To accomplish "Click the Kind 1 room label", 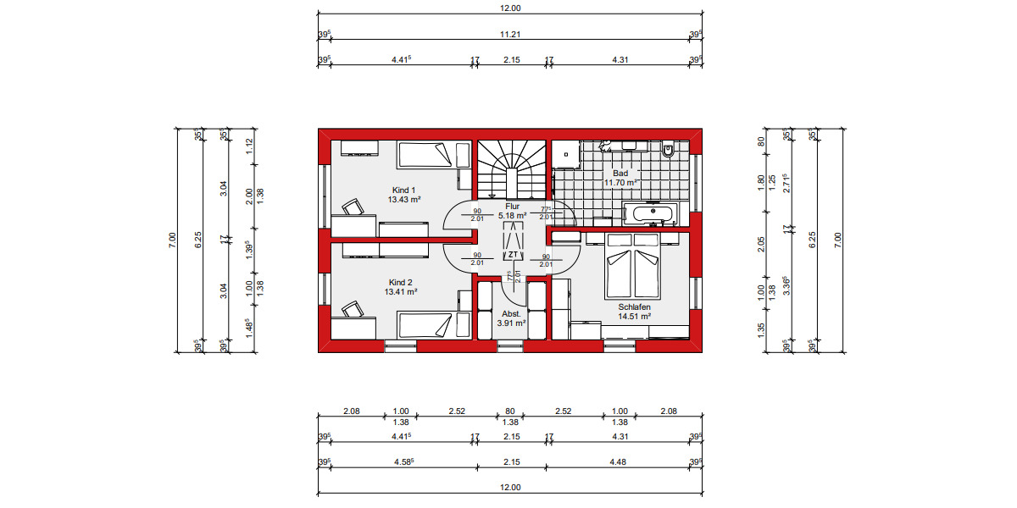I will pyautogui.click(x=404, y=190).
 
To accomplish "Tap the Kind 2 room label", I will pyautogui.click(x=400, y=282).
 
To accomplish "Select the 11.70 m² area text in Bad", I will pyautogui.click(x=620, y=182).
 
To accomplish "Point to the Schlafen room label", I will pyautogui.click(x=634, y=306).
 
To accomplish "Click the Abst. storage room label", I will pyautogui.click(x=512, y=313).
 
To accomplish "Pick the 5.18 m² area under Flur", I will pyautogui.click(x=513, y=216).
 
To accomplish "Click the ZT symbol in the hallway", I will pyautogui.click(x=513, y=254).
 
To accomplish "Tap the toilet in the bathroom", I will pyautogui.click(x=668, y=151).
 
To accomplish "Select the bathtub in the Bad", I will pyautogui.click(x=650, y=213).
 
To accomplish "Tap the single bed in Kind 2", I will pyautogui.click(x=433, y=325).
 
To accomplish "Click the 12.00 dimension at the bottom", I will pyautogui.click(x=509, y=488).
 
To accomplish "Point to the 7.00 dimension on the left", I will pyautogui.click(x=172, y=241).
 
